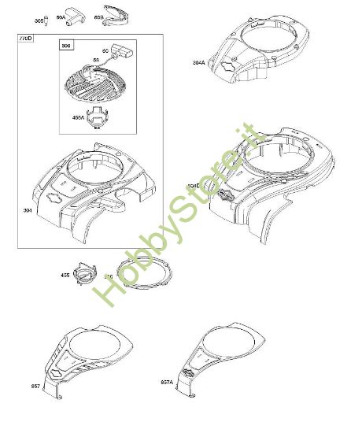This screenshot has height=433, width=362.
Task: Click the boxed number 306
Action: coord(65,46)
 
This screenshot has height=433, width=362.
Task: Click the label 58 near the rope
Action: coord(97,59)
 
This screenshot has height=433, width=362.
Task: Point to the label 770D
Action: coord(25,38)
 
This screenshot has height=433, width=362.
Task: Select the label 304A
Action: coord(198,62)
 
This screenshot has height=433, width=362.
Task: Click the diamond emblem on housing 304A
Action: coord(228,67)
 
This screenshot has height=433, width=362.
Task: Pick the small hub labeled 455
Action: coord(84,274)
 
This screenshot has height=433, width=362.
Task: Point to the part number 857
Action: coord(36,387)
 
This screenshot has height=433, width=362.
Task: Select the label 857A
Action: coord(168,383)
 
